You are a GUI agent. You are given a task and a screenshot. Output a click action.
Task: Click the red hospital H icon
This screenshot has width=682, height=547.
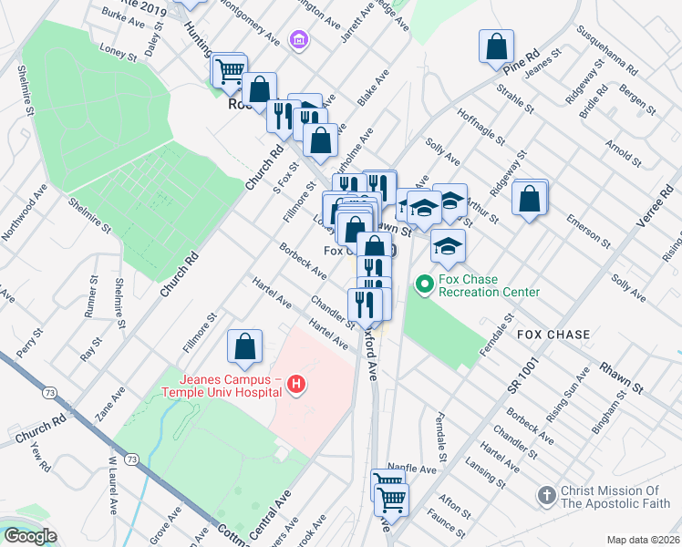(x=295, y=386)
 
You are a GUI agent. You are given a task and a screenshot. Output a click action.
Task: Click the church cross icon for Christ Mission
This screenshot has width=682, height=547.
(x=546, y=496)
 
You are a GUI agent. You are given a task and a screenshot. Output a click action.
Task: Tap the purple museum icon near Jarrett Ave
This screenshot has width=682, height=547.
(x=297, y=40)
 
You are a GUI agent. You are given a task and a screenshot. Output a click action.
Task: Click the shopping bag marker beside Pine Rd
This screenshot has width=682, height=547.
(x=497, y=46)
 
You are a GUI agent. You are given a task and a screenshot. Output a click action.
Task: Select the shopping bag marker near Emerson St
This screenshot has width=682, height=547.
(x=530, y=198)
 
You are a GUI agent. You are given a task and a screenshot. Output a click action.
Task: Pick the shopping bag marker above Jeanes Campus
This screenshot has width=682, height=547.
(x=244, y=346)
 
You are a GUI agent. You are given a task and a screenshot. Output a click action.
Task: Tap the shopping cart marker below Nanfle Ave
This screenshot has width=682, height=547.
(x=391, y=499)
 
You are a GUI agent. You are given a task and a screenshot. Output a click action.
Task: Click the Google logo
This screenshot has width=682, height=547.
(x=29, y=537)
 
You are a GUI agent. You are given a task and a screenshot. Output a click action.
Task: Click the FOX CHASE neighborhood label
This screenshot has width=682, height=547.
(x=554, y=335)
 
